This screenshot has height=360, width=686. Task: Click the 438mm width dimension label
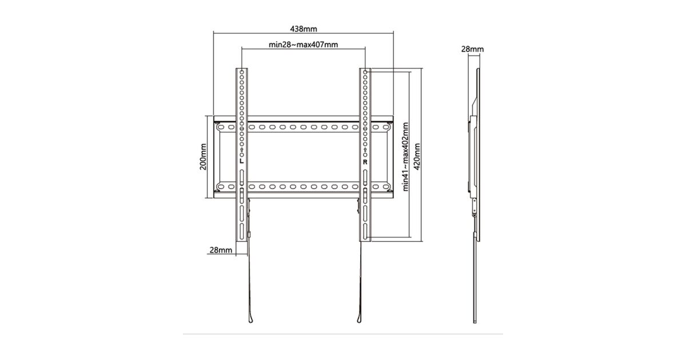point(304,29)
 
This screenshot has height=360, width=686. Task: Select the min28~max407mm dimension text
point(303,45)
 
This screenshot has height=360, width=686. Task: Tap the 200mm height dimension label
point(203,157)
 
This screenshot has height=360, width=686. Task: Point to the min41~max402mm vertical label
point(405,157)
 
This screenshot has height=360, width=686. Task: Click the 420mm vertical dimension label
point(417,157)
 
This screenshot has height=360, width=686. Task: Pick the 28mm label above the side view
point(473,49)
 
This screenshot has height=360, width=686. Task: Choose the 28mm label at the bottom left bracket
point(221,250)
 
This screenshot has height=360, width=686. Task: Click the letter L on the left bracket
point(242,161)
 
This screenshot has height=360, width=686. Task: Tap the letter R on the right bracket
point(365,162)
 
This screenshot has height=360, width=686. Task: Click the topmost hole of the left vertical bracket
point(242,72)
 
